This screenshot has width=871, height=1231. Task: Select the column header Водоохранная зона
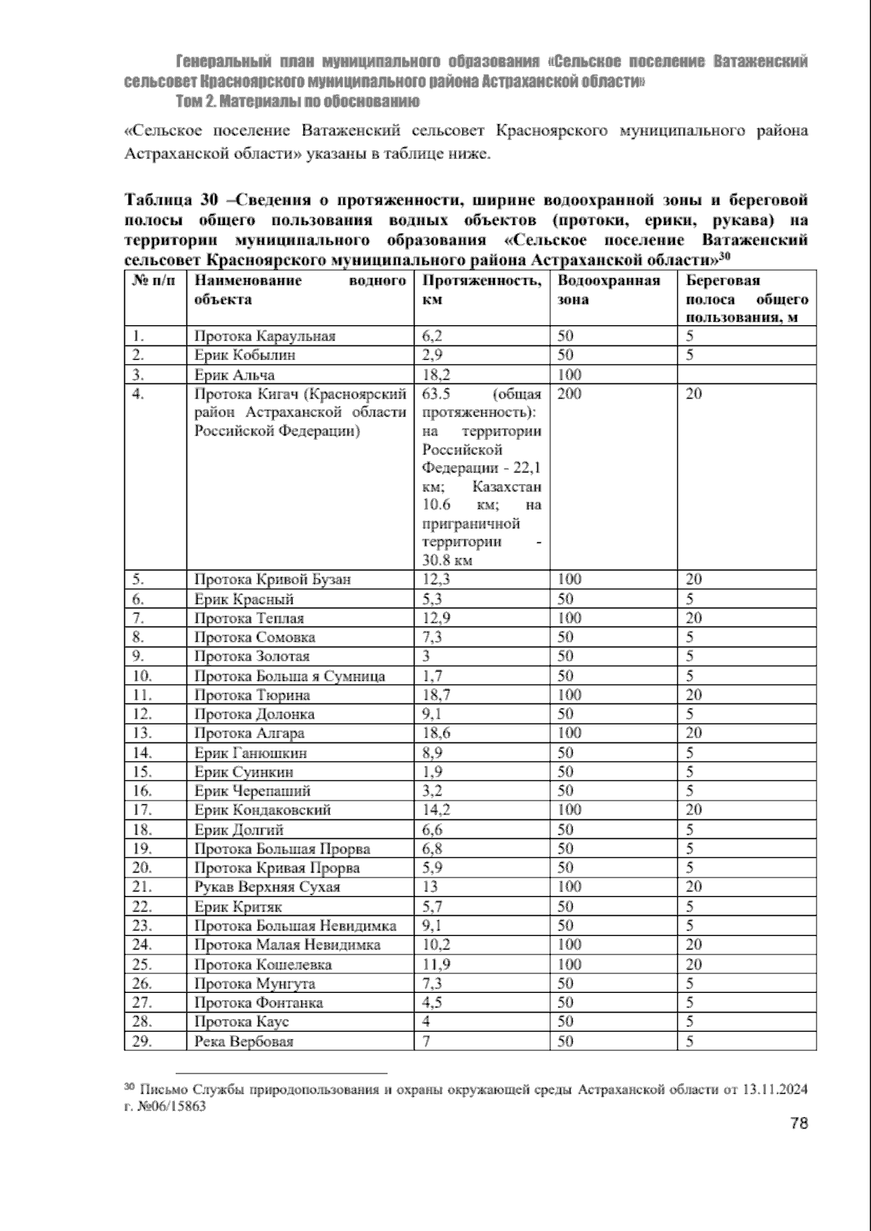coord(608,290)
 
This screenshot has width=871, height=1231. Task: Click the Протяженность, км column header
coord(481,290)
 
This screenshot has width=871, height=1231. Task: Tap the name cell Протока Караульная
coord(264,336)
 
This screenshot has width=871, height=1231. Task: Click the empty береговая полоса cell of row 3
coord(746,375)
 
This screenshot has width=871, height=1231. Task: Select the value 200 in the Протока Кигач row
coord(569,394)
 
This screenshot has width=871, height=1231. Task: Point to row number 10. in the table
coord(142,676)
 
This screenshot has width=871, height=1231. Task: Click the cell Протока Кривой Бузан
coord(272,579)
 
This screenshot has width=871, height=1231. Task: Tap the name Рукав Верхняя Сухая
coord(267,887)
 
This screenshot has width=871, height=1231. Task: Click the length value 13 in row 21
coord(430,887)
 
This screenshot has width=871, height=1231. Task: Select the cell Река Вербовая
coord(244,1042)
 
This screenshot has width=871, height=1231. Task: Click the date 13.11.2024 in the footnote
coord(775,1089)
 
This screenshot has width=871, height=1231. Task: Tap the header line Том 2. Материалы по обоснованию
coord(298,101)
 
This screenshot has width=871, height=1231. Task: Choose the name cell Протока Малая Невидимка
coord(287,945)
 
